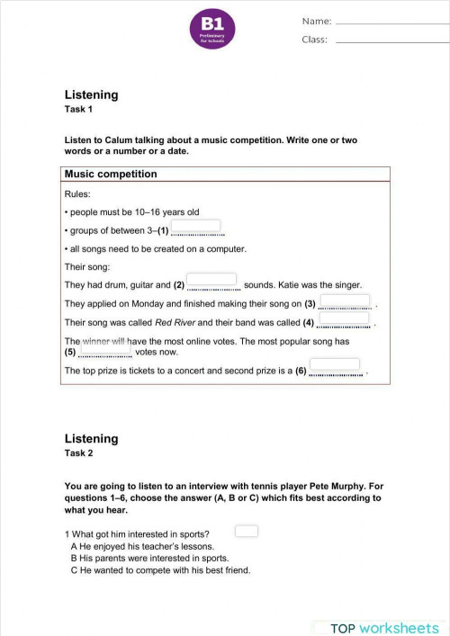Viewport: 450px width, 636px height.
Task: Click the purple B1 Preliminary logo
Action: pos(215,29)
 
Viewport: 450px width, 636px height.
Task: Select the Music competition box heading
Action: pos(111,175)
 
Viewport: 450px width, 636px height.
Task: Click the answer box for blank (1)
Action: pos(195,227)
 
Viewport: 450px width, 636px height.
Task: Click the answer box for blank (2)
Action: pos(211,281)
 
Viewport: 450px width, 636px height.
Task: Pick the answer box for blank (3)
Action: pos(345,300)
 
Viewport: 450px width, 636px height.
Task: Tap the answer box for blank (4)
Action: pos(344,318)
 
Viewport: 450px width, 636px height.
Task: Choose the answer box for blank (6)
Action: pos(335,366)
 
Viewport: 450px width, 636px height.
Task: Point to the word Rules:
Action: pos(77,194)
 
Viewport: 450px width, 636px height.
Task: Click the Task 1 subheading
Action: pos(79,110)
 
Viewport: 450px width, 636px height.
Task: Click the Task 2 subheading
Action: pos(79,453)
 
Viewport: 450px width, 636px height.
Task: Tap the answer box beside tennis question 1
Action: pos(247,531)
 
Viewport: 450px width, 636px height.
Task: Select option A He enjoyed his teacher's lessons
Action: pos(142,546)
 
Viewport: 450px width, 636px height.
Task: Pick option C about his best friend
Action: pos(160,570)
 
